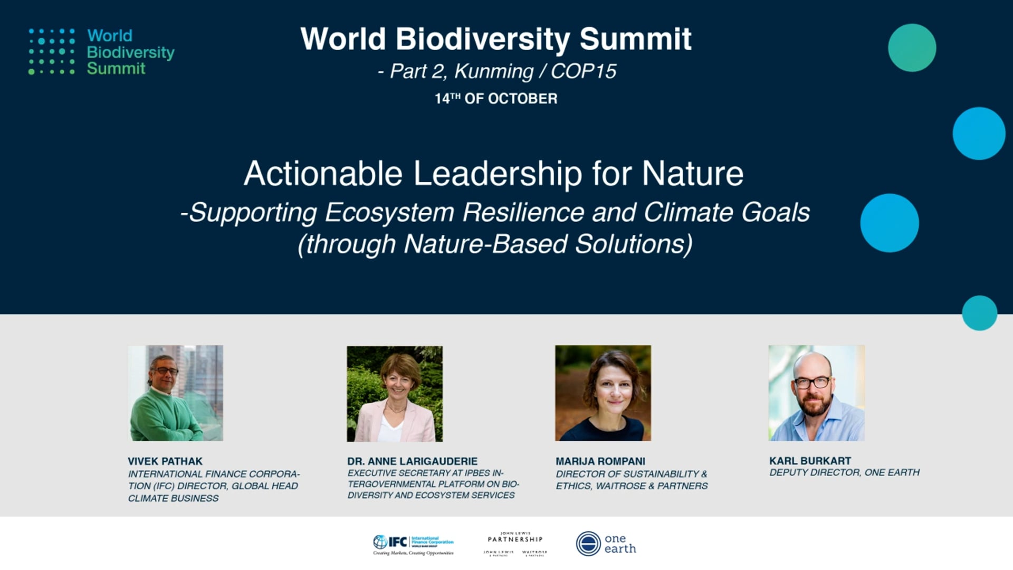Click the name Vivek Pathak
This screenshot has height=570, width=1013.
(x=165, y=461)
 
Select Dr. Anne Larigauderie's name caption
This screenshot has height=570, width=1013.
(x=412, y=461)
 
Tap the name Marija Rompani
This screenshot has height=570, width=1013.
(x=600, y=461)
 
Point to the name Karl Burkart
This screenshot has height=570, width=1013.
(x=810, y=461)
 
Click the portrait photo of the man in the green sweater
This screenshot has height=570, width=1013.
(x=175, y=393)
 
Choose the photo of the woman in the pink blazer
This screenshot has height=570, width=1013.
(x=395, y=394)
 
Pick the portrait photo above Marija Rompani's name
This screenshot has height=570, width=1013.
(x=603, y=393)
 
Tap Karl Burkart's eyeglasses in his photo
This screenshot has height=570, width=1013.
(x=813, y=383)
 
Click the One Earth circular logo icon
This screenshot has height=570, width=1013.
(x=588, y=544)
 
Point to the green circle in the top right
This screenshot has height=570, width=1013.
(x=912, y=48)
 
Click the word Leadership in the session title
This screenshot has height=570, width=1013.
(x=498, y=174)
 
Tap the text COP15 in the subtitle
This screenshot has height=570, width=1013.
(x=583, y=71)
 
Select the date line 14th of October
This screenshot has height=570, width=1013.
(x=496, y=99)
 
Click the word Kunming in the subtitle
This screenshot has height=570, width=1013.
(x=494, y=71)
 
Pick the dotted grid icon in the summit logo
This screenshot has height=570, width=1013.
(x=52, y=52)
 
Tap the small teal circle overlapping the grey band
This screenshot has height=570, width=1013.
(x=979, y=313)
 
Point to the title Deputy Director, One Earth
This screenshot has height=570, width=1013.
(x=844, y=472)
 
